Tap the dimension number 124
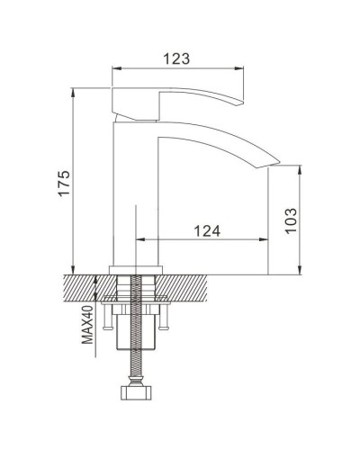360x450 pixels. click(206, 231)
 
